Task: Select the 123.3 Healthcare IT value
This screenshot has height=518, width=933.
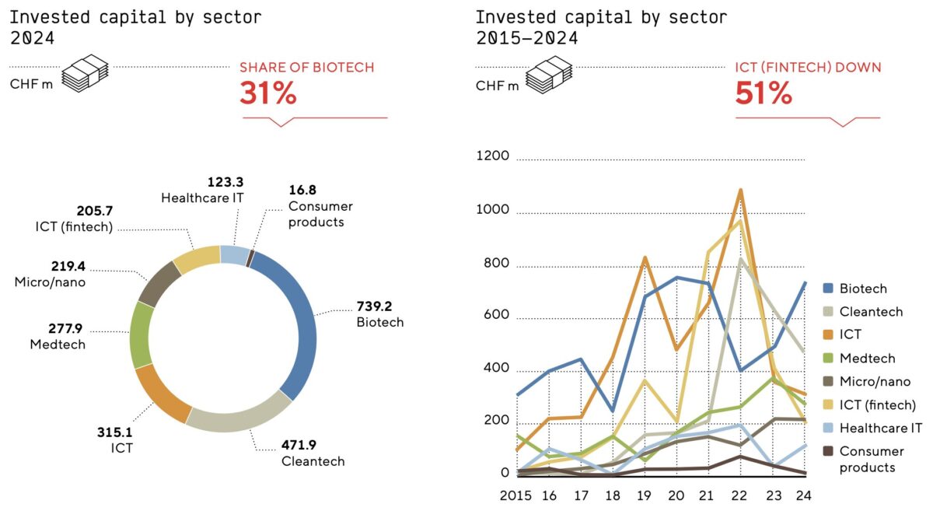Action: (225, 182)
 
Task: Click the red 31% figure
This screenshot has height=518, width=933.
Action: (268, 93)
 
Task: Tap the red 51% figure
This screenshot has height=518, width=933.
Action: (764, 93)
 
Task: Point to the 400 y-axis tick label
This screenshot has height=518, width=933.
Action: (494, 368)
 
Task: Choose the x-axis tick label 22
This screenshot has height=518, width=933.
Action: (739, 494)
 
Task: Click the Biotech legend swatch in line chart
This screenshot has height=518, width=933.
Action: (829, 289)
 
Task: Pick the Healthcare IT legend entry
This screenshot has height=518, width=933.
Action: (881, 428)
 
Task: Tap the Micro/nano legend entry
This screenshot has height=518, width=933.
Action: (875, 381)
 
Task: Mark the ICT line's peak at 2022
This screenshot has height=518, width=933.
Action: (740, 190)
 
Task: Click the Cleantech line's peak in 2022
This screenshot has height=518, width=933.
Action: (740, 260)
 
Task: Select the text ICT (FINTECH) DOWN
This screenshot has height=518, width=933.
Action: (808, 68)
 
